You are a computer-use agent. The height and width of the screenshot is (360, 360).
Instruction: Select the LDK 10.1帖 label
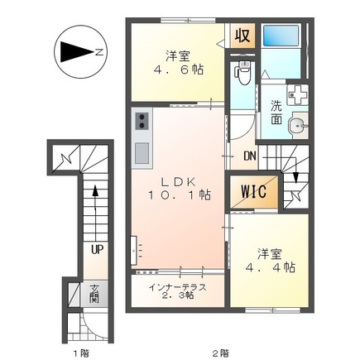point(180,188)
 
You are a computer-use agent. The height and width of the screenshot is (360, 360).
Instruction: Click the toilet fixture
point(242,74)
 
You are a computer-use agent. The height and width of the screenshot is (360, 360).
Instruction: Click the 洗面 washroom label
point(276,113)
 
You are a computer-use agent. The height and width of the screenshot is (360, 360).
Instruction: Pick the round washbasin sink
point(296,127)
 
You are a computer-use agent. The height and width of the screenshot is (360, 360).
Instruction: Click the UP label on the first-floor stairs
point(97,247)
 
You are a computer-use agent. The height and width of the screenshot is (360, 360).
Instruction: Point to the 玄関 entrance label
point(94,294)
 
